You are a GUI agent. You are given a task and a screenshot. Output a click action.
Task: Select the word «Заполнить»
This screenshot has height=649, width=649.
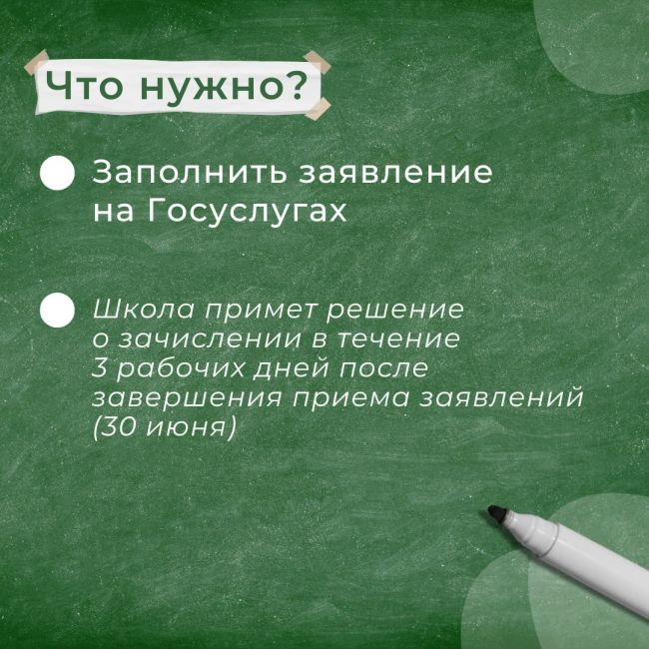pos(189,172)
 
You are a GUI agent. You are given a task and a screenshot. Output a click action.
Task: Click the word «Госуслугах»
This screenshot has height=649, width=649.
pos(247,212)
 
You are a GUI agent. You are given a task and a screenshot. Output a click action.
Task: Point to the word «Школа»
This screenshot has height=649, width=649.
pos(143,309)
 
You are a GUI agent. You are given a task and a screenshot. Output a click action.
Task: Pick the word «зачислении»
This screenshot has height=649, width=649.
pos(211,339)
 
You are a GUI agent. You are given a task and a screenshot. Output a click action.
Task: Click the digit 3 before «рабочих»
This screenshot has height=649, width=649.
pos(99,368)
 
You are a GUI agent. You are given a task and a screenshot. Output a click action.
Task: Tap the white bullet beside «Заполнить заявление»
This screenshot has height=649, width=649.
pos(57,173)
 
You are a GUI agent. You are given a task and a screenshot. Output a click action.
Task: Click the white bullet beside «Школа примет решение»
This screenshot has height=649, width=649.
pos(57,310)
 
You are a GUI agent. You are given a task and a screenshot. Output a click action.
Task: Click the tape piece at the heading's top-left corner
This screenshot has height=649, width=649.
pos(36,63)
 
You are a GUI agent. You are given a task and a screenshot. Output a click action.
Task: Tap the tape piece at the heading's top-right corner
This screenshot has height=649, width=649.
pos(318,62)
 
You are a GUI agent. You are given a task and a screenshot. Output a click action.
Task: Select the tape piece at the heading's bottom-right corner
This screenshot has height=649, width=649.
pos(318,109)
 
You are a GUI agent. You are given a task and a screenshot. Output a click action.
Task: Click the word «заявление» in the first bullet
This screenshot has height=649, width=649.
pos(396,172)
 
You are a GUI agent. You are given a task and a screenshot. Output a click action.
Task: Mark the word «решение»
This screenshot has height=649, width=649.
pos(394,310)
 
